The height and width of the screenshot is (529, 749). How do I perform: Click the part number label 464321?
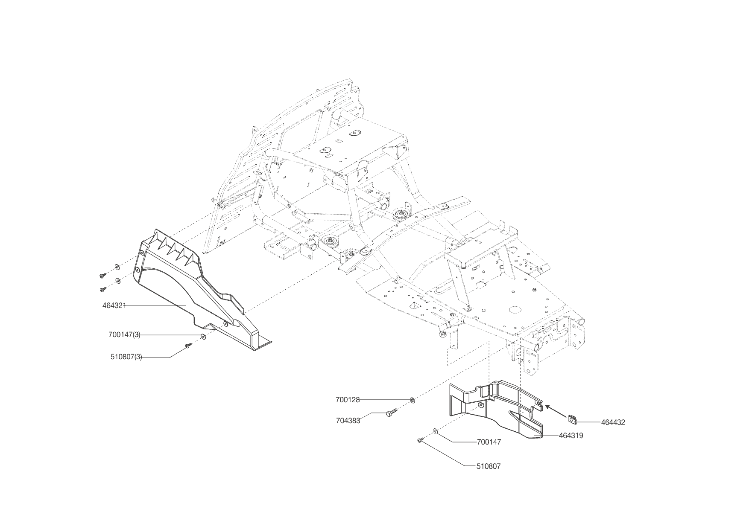114,305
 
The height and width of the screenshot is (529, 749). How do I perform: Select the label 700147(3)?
124,335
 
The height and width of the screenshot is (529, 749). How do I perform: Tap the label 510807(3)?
126,357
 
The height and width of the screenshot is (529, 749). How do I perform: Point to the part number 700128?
348,400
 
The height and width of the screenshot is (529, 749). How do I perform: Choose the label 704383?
348,420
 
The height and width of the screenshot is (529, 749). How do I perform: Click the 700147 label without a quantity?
489,442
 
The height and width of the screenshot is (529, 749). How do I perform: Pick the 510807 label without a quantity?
489,466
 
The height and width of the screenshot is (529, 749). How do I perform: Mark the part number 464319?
571,436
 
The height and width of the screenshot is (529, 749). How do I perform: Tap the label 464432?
613,422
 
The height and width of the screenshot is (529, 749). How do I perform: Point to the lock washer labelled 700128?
413,400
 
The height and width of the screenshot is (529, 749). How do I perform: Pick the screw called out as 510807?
421,440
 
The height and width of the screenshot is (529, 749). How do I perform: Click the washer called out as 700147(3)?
203,337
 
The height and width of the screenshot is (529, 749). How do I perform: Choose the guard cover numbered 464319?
495,405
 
